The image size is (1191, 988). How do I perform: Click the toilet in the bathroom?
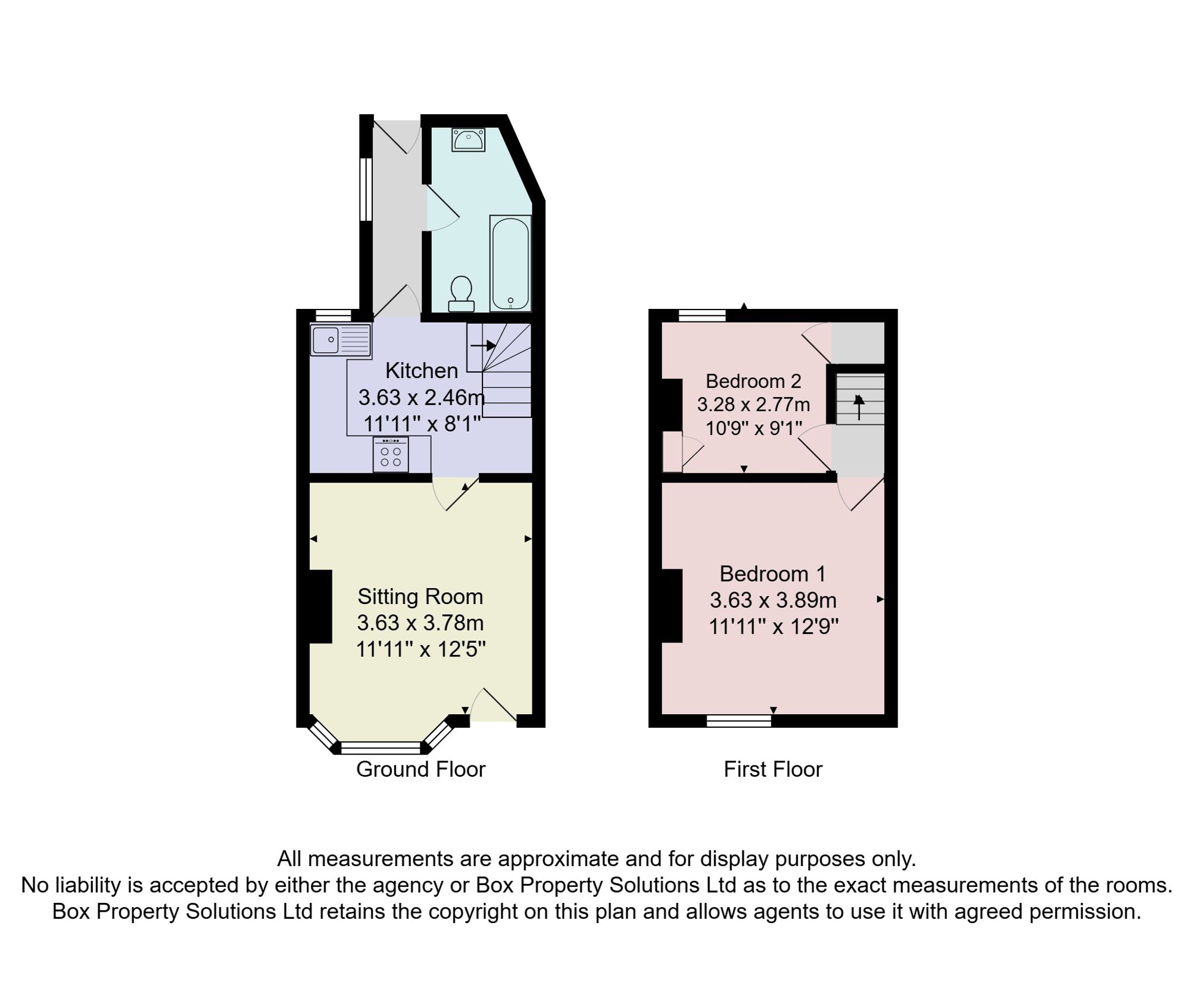pos(462,293)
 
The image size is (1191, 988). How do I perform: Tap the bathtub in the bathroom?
pos(510,263)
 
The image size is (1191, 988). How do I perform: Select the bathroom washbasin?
pos(468,140)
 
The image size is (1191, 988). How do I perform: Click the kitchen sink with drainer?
pos(340,340)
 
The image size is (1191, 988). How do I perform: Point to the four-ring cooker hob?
pos(391,455)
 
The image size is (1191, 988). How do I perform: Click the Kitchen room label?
pos(422,371)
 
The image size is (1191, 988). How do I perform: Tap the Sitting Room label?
pos(420,596)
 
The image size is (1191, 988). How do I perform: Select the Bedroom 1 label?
pos(773,574)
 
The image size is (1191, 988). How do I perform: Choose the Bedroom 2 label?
pos(753,381)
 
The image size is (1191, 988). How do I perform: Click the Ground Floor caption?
pos(421,770)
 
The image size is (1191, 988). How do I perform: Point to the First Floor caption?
pos(773,770)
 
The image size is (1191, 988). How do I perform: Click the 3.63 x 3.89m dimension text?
pos(773,600)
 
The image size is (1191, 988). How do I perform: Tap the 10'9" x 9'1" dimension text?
pos(754,429)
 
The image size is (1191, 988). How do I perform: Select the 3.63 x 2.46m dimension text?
pos(422,397)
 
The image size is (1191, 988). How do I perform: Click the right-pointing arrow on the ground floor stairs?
pos(483,345)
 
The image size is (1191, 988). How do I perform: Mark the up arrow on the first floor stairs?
pos(859,407)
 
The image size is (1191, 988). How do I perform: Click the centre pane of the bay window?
pos(381,748)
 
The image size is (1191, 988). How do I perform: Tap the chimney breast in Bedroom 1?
pos(672,606)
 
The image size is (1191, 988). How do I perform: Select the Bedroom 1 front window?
pos(739,721)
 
